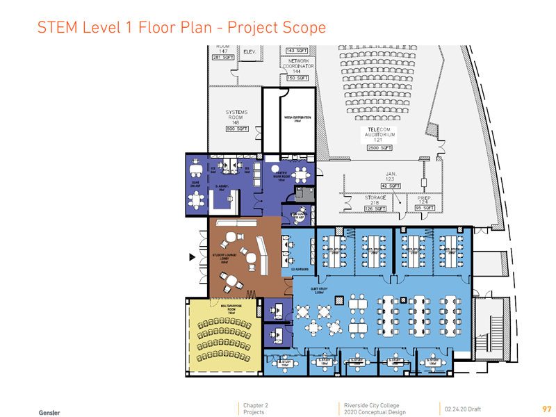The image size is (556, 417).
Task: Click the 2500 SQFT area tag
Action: pos(379,148)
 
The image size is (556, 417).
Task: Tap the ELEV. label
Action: pos(250,51)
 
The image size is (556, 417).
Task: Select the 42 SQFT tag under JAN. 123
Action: pos(389,186)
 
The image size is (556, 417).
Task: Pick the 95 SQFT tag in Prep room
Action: pos(425,208)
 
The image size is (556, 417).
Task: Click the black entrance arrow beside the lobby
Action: pos(195,258)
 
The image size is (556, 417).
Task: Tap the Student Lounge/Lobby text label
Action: pos(224,259)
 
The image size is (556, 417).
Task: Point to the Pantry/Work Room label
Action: pos(281,179)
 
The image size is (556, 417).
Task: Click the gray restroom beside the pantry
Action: pos(303,193)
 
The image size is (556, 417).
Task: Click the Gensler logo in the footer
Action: pos(49,412)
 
